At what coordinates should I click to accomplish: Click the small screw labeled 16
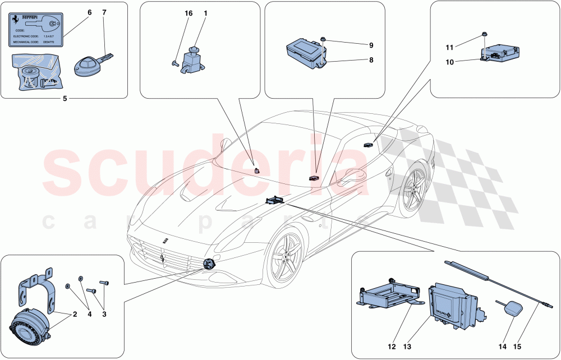coord(174,64)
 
